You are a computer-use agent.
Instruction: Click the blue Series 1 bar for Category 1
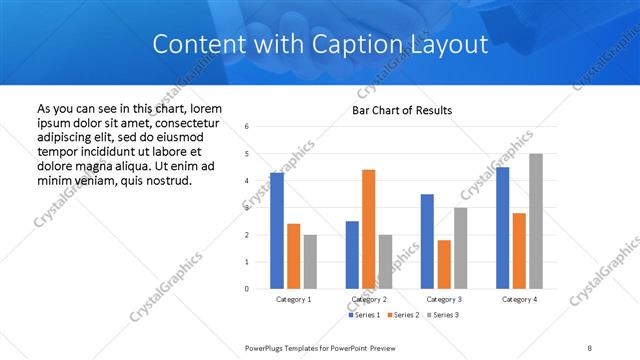277,231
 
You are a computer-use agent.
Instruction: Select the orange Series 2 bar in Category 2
368,229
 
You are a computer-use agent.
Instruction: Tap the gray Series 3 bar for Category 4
535,221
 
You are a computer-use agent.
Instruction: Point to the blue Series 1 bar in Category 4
502,228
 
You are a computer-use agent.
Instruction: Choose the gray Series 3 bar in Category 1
310,262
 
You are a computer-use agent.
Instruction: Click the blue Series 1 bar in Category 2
352,255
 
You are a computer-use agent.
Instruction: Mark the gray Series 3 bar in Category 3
460,248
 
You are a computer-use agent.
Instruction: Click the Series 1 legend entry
364,315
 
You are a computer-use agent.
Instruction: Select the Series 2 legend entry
403,315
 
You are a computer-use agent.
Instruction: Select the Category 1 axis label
293,299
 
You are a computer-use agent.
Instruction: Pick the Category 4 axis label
519,299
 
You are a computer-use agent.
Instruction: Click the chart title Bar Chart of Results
402,110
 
